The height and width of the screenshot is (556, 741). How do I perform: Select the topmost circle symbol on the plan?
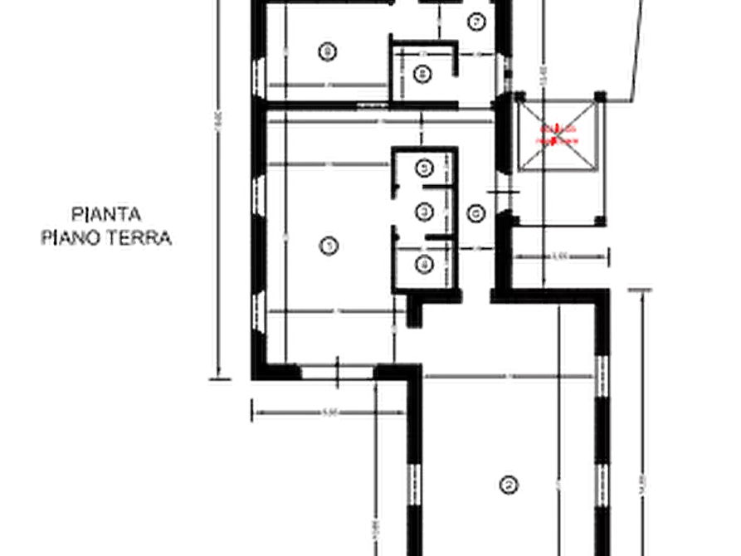pyautogui.click(x=475, y=20)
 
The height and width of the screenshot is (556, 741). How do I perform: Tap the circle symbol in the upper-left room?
pyautogui.click(x=328, y=52)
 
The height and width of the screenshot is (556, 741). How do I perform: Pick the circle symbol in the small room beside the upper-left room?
pyautogui.click(x=422, y=74)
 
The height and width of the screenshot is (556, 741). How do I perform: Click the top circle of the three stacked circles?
pyautogui.click(x=425, y=168)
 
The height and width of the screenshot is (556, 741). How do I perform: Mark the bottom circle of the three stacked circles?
pyautogui.click(x=425, y=265)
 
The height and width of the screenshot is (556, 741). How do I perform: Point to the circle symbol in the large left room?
pyautogui.click(x=329, y=244)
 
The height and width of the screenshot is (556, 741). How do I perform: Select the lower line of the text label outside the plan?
pyautogui.click(x=109, y=240)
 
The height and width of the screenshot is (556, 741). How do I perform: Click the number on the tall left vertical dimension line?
pyautogui.click(x=217, y=120)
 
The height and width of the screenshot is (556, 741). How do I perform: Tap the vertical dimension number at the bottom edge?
pyautogui.click(x=378, y=527)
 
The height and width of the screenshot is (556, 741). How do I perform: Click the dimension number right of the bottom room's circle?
pyautogui.click(x=564, y=481)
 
